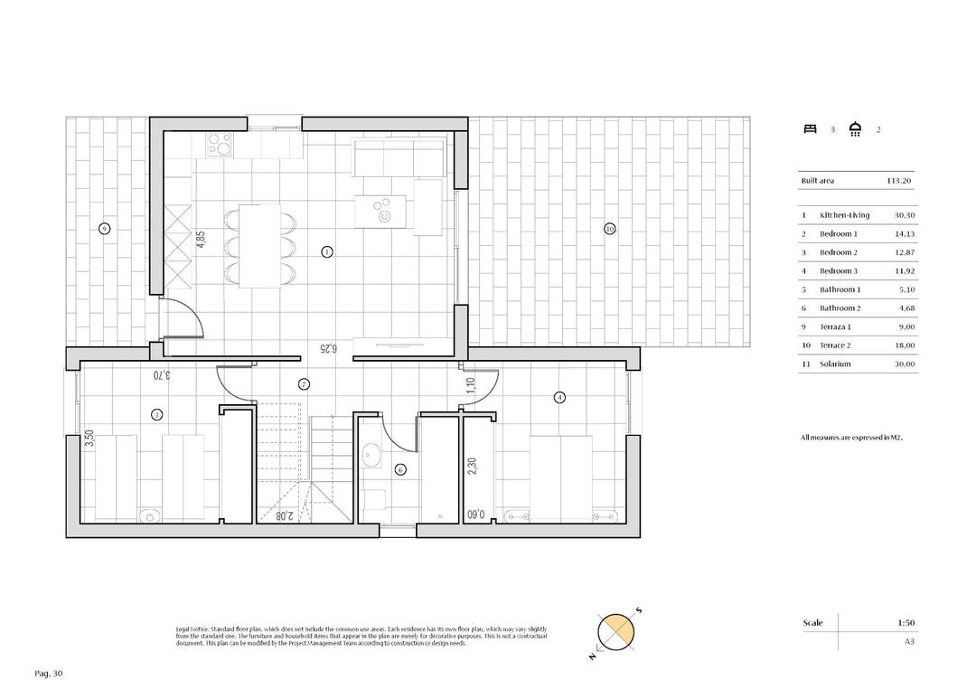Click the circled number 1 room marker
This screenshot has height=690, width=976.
[326, 252]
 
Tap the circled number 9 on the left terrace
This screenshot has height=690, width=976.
[105, 229]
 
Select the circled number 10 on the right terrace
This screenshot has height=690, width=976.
[610, 229]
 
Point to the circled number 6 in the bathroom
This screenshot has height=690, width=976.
[401, 469]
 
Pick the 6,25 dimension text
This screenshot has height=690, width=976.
[328, 347]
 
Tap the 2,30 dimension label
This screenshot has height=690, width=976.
[472, 467]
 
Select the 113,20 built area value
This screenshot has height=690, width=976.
[900, 181]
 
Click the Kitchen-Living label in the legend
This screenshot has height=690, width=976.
[844, 215]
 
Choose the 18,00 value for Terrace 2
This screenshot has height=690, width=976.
[905, 345]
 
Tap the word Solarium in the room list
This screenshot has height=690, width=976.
[836, 364]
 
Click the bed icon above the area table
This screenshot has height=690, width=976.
[810, 129]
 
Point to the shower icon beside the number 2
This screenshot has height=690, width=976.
[855, 129]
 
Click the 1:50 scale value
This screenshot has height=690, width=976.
[906, 623]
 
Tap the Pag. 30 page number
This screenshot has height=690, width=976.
[49, 674]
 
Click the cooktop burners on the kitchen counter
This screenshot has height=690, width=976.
[220, 144]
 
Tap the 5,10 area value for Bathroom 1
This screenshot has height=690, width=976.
[906, 289]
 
